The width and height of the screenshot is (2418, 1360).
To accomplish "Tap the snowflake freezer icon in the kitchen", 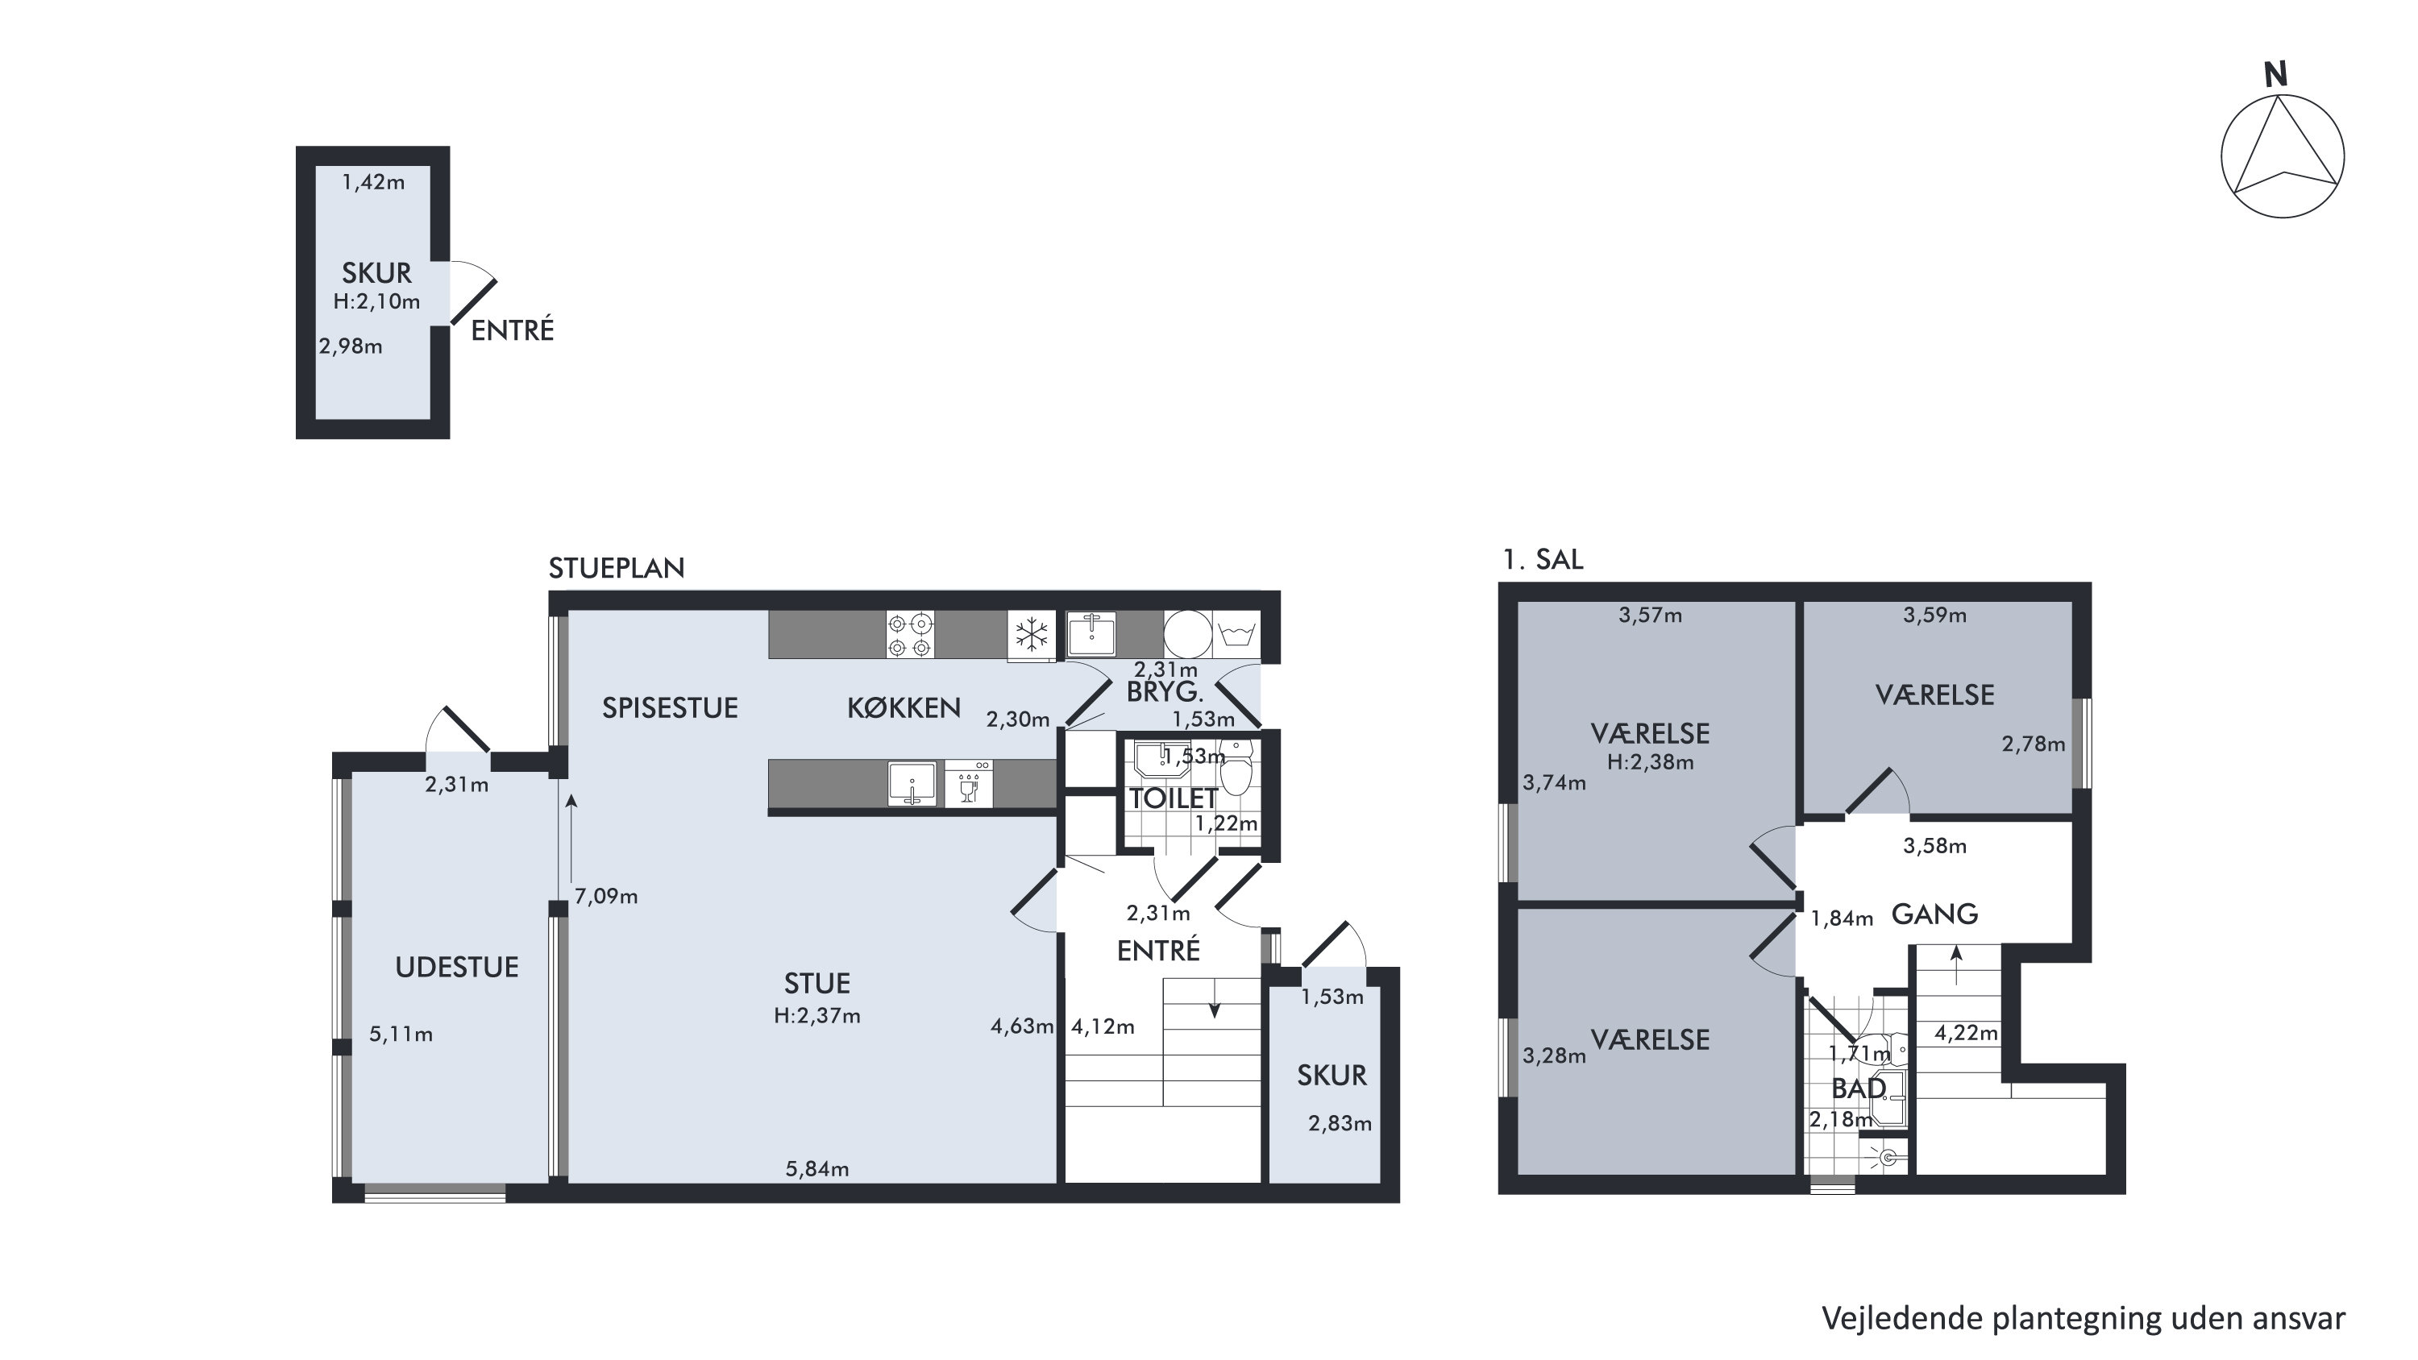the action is click(1032, 636).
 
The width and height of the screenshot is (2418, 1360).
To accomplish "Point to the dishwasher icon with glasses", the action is click(969, 784).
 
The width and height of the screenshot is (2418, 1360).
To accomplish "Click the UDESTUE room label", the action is click(456, 968).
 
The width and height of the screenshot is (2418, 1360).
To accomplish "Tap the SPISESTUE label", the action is click(671, 707).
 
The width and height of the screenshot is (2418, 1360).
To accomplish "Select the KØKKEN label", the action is click(904, 707).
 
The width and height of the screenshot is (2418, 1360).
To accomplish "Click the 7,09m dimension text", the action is click(606, 897).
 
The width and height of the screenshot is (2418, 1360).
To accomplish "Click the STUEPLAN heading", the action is click(617, 568).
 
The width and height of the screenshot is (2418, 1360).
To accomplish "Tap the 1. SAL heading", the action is click(1543, 559).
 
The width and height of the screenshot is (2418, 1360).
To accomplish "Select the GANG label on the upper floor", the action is click(1934, 914).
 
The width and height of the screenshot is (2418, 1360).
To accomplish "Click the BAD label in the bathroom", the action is click(1859, 1088).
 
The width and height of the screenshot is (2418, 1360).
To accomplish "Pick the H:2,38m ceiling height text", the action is click(1650, 762).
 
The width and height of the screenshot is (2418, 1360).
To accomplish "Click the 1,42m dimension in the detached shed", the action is click(374, 182).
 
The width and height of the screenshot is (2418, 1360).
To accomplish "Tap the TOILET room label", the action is click(1174, 798).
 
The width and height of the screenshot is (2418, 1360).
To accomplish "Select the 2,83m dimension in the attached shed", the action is click(1340, 1123).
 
